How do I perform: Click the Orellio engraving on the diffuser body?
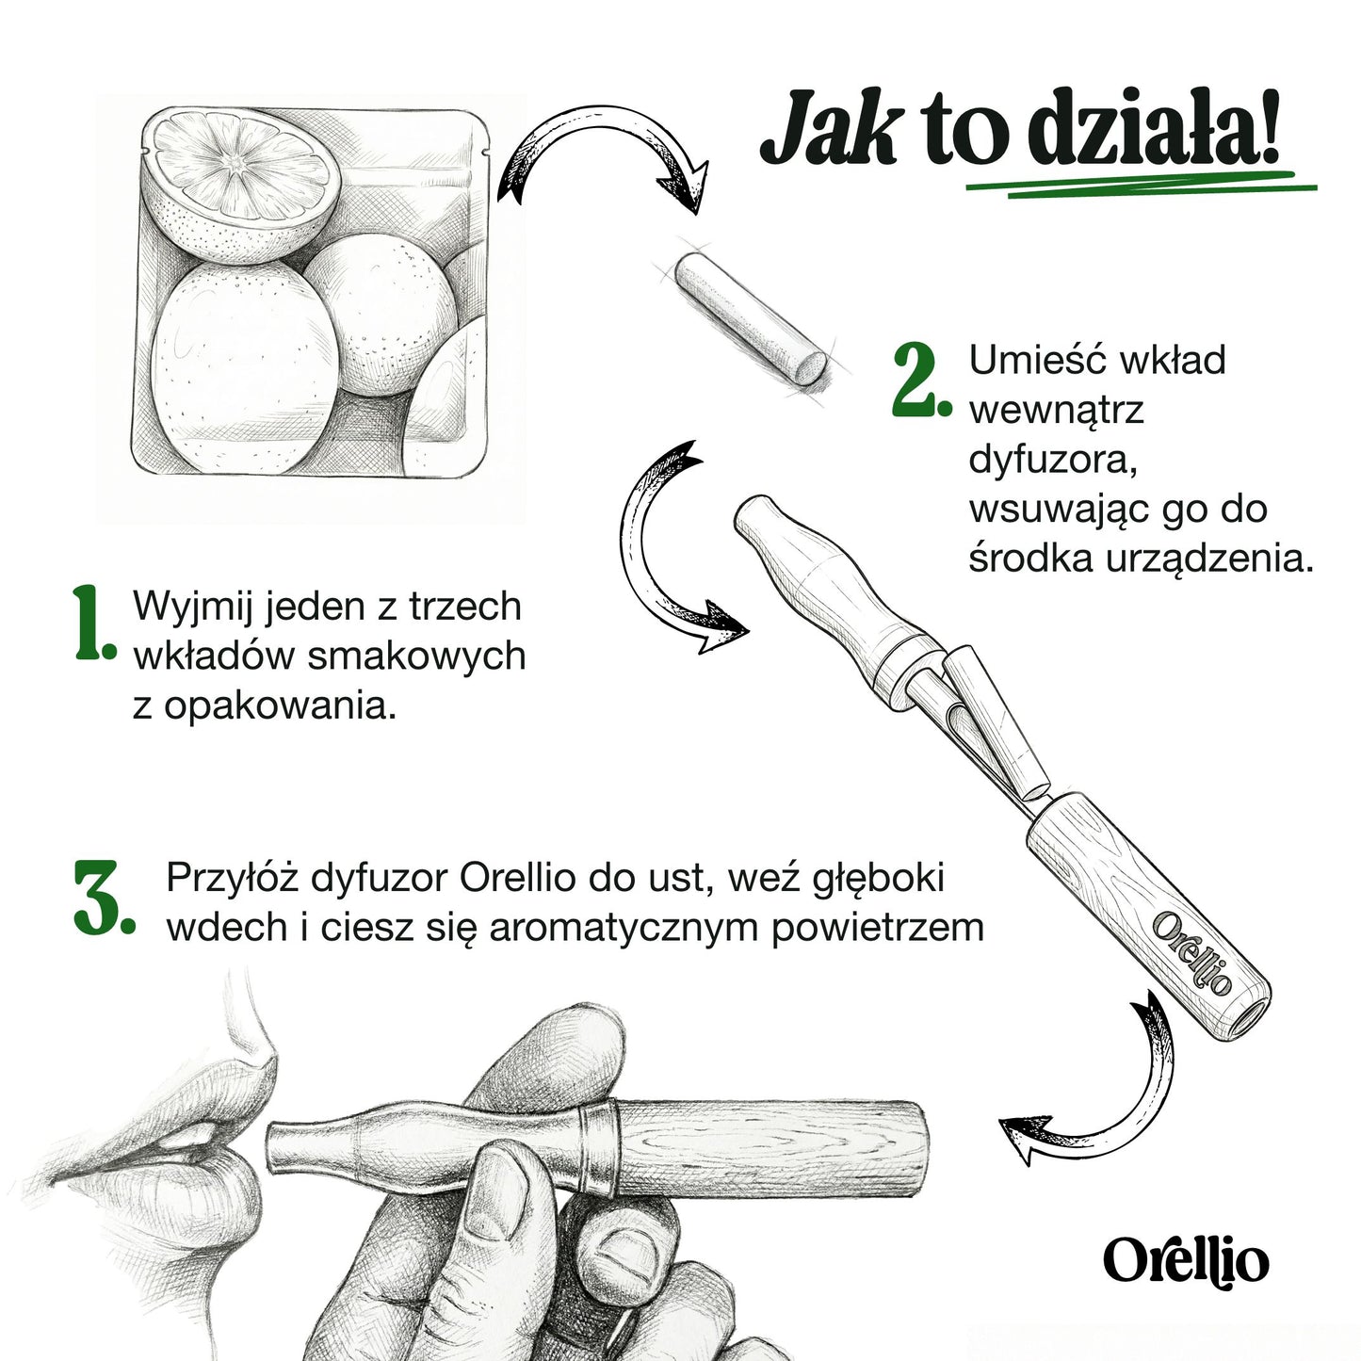point(1191,951)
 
